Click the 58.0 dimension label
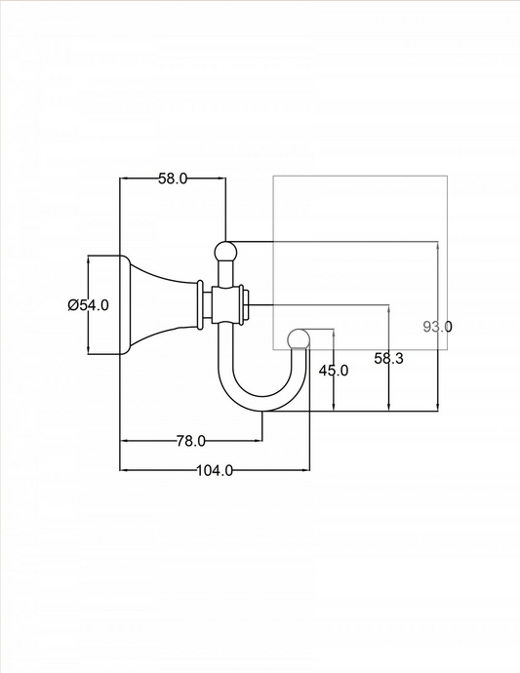pos(173,178)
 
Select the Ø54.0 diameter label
pos(88,305)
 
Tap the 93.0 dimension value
pos(437,327)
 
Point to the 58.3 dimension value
pos(388,358)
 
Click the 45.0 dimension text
pos(334,370)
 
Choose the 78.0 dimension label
pos(190,441)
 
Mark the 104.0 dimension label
pos(215,470)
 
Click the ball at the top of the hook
pos(225,252)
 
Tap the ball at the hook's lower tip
pos(299,339)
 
